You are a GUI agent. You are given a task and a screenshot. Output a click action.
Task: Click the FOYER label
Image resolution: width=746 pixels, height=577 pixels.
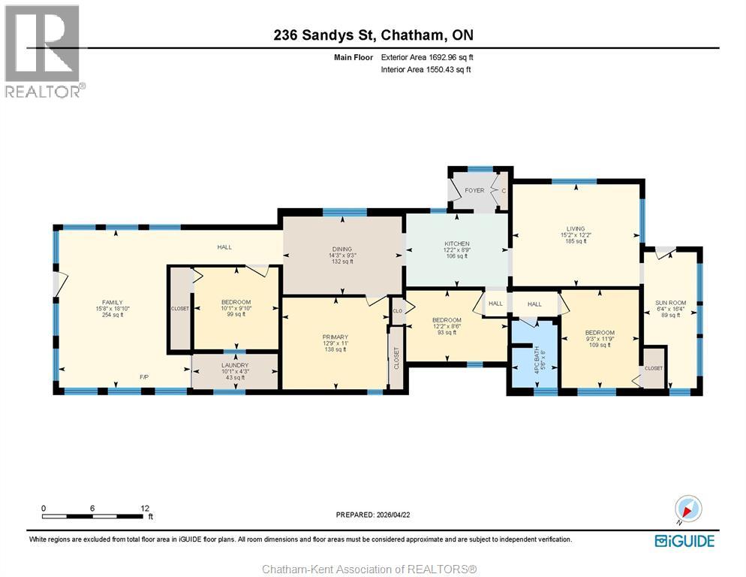click(474, 191)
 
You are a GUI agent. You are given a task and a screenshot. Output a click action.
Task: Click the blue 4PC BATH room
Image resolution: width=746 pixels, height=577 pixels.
click(534, 353)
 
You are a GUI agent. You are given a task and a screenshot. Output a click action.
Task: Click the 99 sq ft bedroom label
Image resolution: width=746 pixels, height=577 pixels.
click(236, 308)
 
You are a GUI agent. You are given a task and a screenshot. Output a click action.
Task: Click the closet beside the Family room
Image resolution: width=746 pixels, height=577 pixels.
click(180, 308)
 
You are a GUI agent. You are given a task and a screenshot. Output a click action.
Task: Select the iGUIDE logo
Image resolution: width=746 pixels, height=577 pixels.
click(684, 541)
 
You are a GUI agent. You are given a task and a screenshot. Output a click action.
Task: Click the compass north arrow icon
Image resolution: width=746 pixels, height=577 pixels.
click(687, 509)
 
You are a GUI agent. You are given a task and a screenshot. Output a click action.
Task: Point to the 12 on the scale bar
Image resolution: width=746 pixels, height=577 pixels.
click(144, 508)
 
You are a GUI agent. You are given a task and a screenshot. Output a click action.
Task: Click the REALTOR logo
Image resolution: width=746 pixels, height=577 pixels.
click(44, 51)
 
